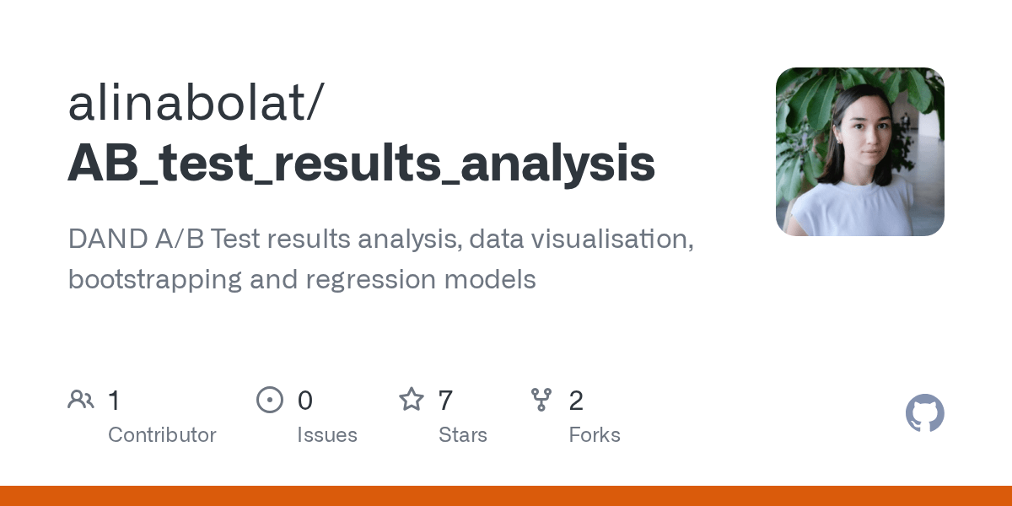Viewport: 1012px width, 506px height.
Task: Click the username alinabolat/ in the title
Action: (x=194, y=105)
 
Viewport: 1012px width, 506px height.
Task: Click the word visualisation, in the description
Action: (x=582, y=240)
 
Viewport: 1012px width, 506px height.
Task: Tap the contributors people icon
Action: (x=81, y=400)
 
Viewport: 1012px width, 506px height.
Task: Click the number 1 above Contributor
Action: (x=115, y=400)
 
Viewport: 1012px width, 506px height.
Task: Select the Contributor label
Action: (x=162, y=435)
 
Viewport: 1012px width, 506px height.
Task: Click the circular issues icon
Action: (x=270, y=400)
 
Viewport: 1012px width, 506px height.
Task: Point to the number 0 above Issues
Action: (x=304, y=400)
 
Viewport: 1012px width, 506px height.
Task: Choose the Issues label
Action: (x=326, y=435)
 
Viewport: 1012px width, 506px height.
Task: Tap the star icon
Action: (x=412, y=400)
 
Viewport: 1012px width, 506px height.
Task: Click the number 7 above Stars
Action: (x=445, y=400)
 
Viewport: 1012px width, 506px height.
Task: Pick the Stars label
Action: (x=462, y=435)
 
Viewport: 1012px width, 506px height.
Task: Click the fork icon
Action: (x=541, y=400)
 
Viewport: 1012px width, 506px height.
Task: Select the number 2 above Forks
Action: (x=576, y=400)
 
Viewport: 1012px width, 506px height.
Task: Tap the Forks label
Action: (x=595, y=435)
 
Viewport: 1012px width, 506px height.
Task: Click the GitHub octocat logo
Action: (x=924, y=413)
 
